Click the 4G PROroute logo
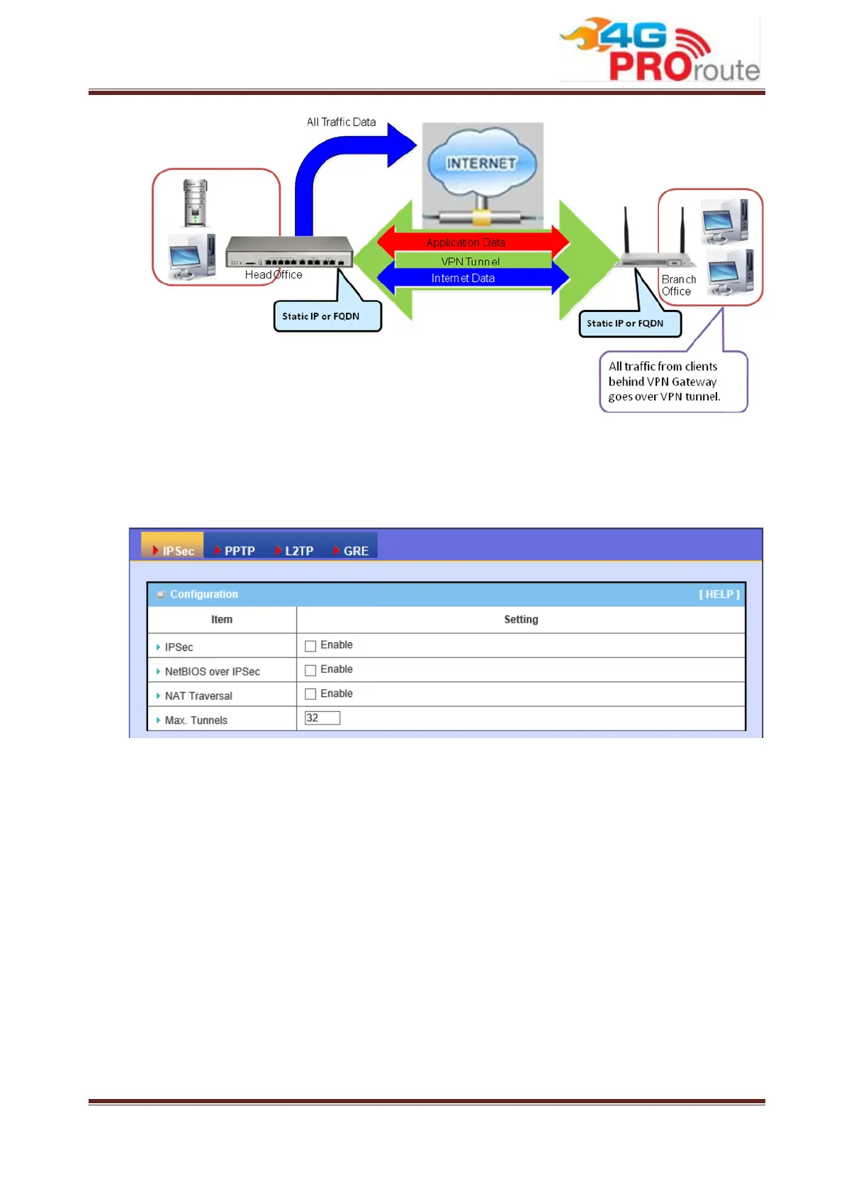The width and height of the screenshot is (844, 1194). tap(659, 50)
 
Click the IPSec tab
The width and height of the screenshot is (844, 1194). tap(173, 550)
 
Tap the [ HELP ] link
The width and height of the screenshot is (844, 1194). tap(719, 594)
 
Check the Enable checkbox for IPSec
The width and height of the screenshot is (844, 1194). tap(310, 646)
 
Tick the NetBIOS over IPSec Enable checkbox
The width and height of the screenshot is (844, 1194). tap(310, 670)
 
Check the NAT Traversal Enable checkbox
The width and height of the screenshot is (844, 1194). tap(310, 694)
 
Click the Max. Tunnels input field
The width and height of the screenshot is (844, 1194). tap(322, 718)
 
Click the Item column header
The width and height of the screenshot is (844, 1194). tap(221, 620)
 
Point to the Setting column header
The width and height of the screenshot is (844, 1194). tap(521, 620)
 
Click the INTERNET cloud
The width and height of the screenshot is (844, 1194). tap(481, 164)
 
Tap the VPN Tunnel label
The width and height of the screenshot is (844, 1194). tap(471, 262)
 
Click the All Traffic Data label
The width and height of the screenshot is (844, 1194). tap(341, 122)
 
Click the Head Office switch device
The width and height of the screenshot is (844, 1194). tap(288, 252)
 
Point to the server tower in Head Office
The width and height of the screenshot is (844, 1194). tap(195, 203)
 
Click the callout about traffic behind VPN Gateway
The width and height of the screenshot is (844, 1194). tap(673, 381)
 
